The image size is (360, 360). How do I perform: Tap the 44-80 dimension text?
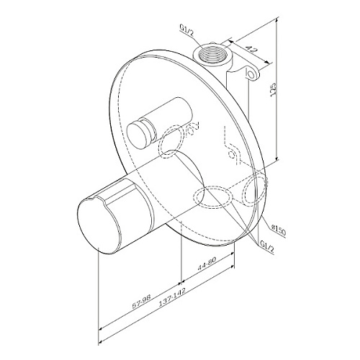207,264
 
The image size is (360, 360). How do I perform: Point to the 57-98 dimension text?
141,302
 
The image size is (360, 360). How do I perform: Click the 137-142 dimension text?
172,298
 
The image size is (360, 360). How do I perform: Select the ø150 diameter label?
278,230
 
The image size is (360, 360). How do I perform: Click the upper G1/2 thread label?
186,30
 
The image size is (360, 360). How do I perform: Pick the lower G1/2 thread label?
267,246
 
